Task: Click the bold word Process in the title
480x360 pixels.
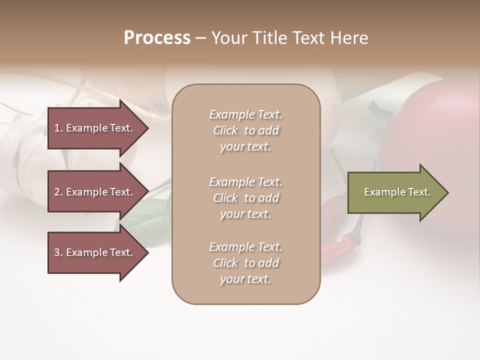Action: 157,38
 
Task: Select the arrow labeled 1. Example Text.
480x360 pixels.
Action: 95,128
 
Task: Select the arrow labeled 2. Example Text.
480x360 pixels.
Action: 95,192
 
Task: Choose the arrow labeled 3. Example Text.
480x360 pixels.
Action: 95,252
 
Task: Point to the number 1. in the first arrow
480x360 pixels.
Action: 58,128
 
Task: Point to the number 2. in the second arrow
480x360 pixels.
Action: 58,192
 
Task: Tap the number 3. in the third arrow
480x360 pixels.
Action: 58,252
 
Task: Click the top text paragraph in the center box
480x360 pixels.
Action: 245,130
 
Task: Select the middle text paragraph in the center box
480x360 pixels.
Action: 245,198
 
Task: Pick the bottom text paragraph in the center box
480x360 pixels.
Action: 245,263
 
